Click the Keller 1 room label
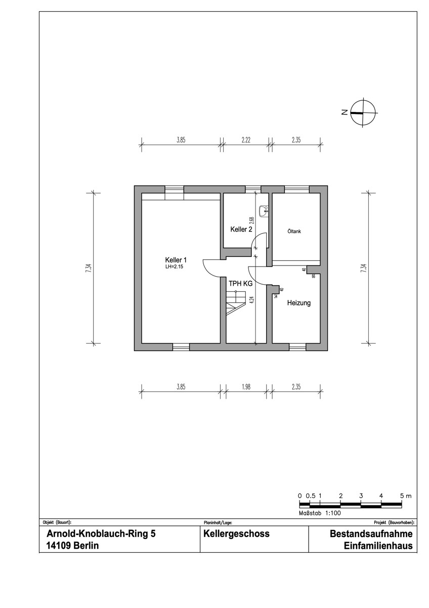176,260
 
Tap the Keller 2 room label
241,230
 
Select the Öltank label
294,232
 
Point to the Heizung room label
299,303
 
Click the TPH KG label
241,284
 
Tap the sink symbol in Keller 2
264,211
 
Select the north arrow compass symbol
363,112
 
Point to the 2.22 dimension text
246,140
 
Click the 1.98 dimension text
246,387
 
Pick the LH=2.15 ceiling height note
174,267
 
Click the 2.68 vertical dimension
252,220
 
